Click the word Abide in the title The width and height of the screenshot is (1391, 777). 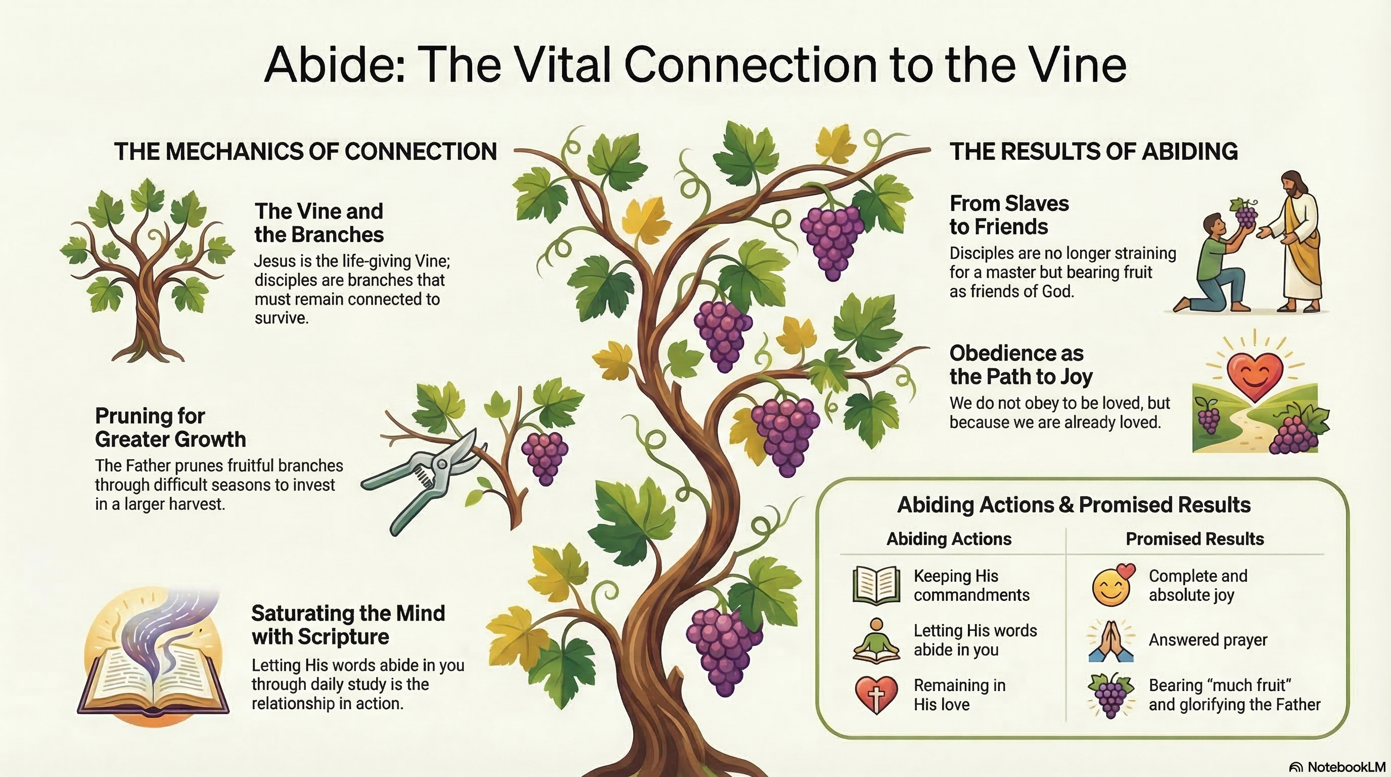point(334,65)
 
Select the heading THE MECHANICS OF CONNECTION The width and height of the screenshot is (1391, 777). point(305,151)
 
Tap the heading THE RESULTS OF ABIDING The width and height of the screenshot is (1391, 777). point(1093,151)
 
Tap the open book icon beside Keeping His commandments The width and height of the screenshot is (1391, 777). point(876,585)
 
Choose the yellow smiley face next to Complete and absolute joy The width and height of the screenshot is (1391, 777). point(1112,585)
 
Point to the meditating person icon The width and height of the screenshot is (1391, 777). point(876,640)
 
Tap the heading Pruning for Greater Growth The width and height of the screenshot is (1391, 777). point(171,428)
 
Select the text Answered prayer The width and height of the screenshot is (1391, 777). point(1208,640)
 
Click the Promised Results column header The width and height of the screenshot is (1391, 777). point(1194,539)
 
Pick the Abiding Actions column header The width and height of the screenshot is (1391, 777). point(949,539)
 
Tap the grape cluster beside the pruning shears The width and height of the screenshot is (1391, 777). point(545,458)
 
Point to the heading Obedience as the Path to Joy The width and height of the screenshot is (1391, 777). point(1021,365)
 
